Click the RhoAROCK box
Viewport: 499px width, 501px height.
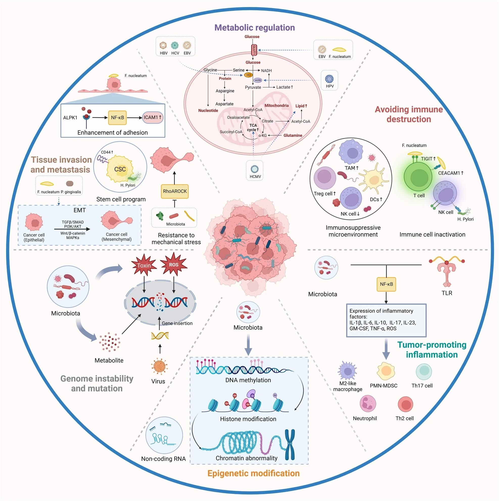[175, 191]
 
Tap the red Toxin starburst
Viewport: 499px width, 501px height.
[144, 265]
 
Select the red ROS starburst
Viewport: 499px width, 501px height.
[174, 265]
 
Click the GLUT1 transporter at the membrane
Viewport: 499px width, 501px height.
[254, 49]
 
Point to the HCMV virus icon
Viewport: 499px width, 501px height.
[255, 169]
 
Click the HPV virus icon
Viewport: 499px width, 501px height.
[329, 78]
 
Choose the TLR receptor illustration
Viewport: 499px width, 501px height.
[446, 272]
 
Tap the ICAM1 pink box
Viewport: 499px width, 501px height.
[152, 117]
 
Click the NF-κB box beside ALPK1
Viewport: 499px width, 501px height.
[117, 117]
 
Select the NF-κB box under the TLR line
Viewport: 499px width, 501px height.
[386, 284]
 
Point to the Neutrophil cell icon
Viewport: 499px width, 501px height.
[368, 404]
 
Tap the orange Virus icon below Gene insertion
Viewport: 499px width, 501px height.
[159, 366]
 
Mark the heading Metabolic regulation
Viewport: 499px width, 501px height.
[254, 28]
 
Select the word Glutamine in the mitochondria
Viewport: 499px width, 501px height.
[293, 135]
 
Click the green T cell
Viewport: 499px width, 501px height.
[418, 178]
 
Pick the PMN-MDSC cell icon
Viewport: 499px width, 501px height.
[386, 371]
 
